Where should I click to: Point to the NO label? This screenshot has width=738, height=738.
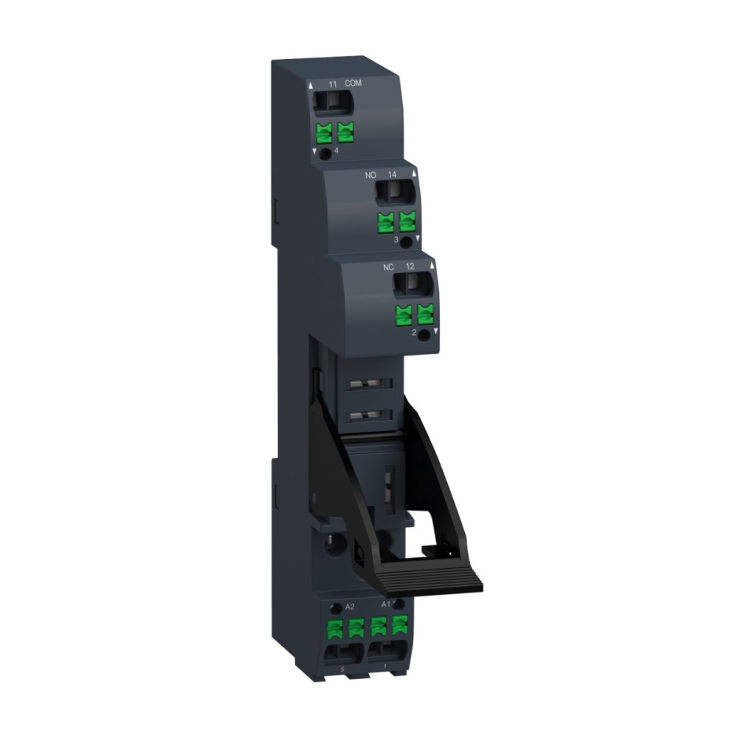372,175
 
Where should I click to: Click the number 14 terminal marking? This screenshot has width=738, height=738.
392,175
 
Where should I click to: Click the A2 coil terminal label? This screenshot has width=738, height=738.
351,606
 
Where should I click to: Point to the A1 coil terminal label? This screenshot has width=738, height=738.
384,604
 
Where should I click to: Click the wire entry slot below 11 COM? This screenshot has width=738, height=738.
332,103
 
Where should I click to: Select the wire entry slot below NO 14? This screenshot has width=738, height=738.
393,193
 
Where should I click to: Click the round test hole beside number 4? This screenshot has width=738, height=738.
325,150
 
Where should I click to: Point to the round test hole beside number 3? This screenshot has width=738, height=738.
404,241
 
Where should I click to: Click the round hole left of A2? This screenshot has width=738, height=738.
337,607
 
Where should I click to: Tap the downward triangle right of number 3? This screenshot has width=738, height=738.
417,239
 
